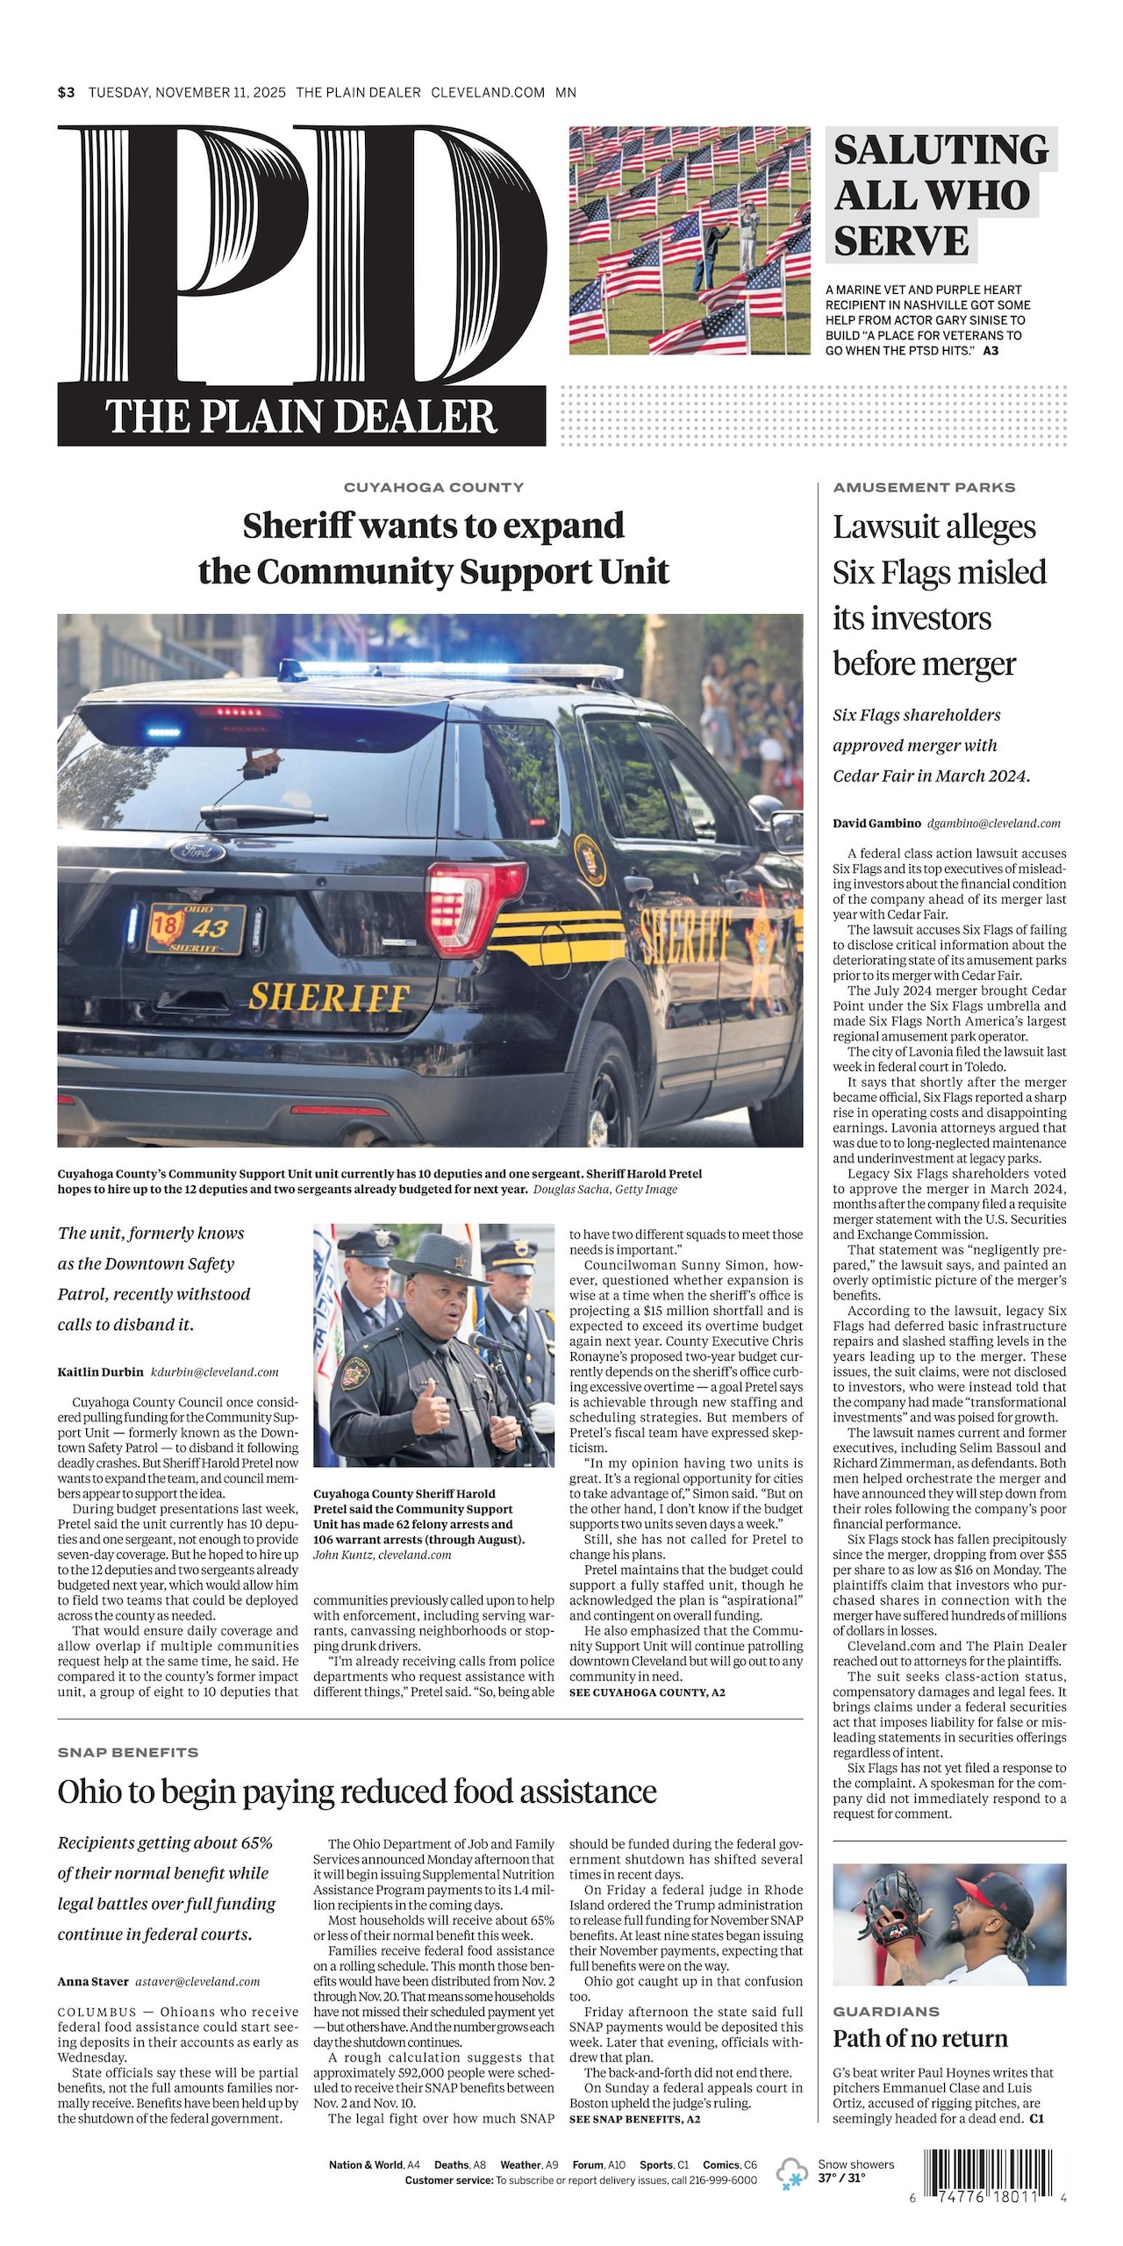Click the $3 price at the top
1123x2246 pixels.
point(67,92)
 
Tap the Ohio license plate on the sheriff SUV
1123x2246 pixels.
point(196,929)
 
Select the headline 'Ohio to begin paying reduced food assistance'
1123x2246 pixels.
point(357,1791)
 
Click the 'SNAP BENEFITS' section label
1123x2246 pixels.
point(128,1752)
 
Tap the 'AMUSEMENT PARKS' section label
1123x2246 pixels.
point(924,487)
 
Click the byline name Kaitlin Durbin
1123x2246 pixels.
point(100,1372)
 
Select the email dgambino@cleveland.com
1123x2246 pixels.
point(993,823)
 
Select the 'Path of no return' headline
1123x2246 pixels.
point(920,2038)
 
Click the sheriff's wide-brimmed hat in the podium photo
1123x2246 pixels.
point(432,1255)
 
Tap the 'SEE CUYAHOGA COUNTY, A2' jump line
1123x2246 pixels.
point(647,1692)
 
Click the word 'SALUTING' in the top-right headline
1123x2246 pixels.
point(941,149)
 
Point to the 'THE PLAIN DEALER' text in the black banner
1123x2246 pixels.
point(301,416)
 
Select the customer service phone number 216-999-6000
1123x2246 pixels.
point(723,2180)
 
